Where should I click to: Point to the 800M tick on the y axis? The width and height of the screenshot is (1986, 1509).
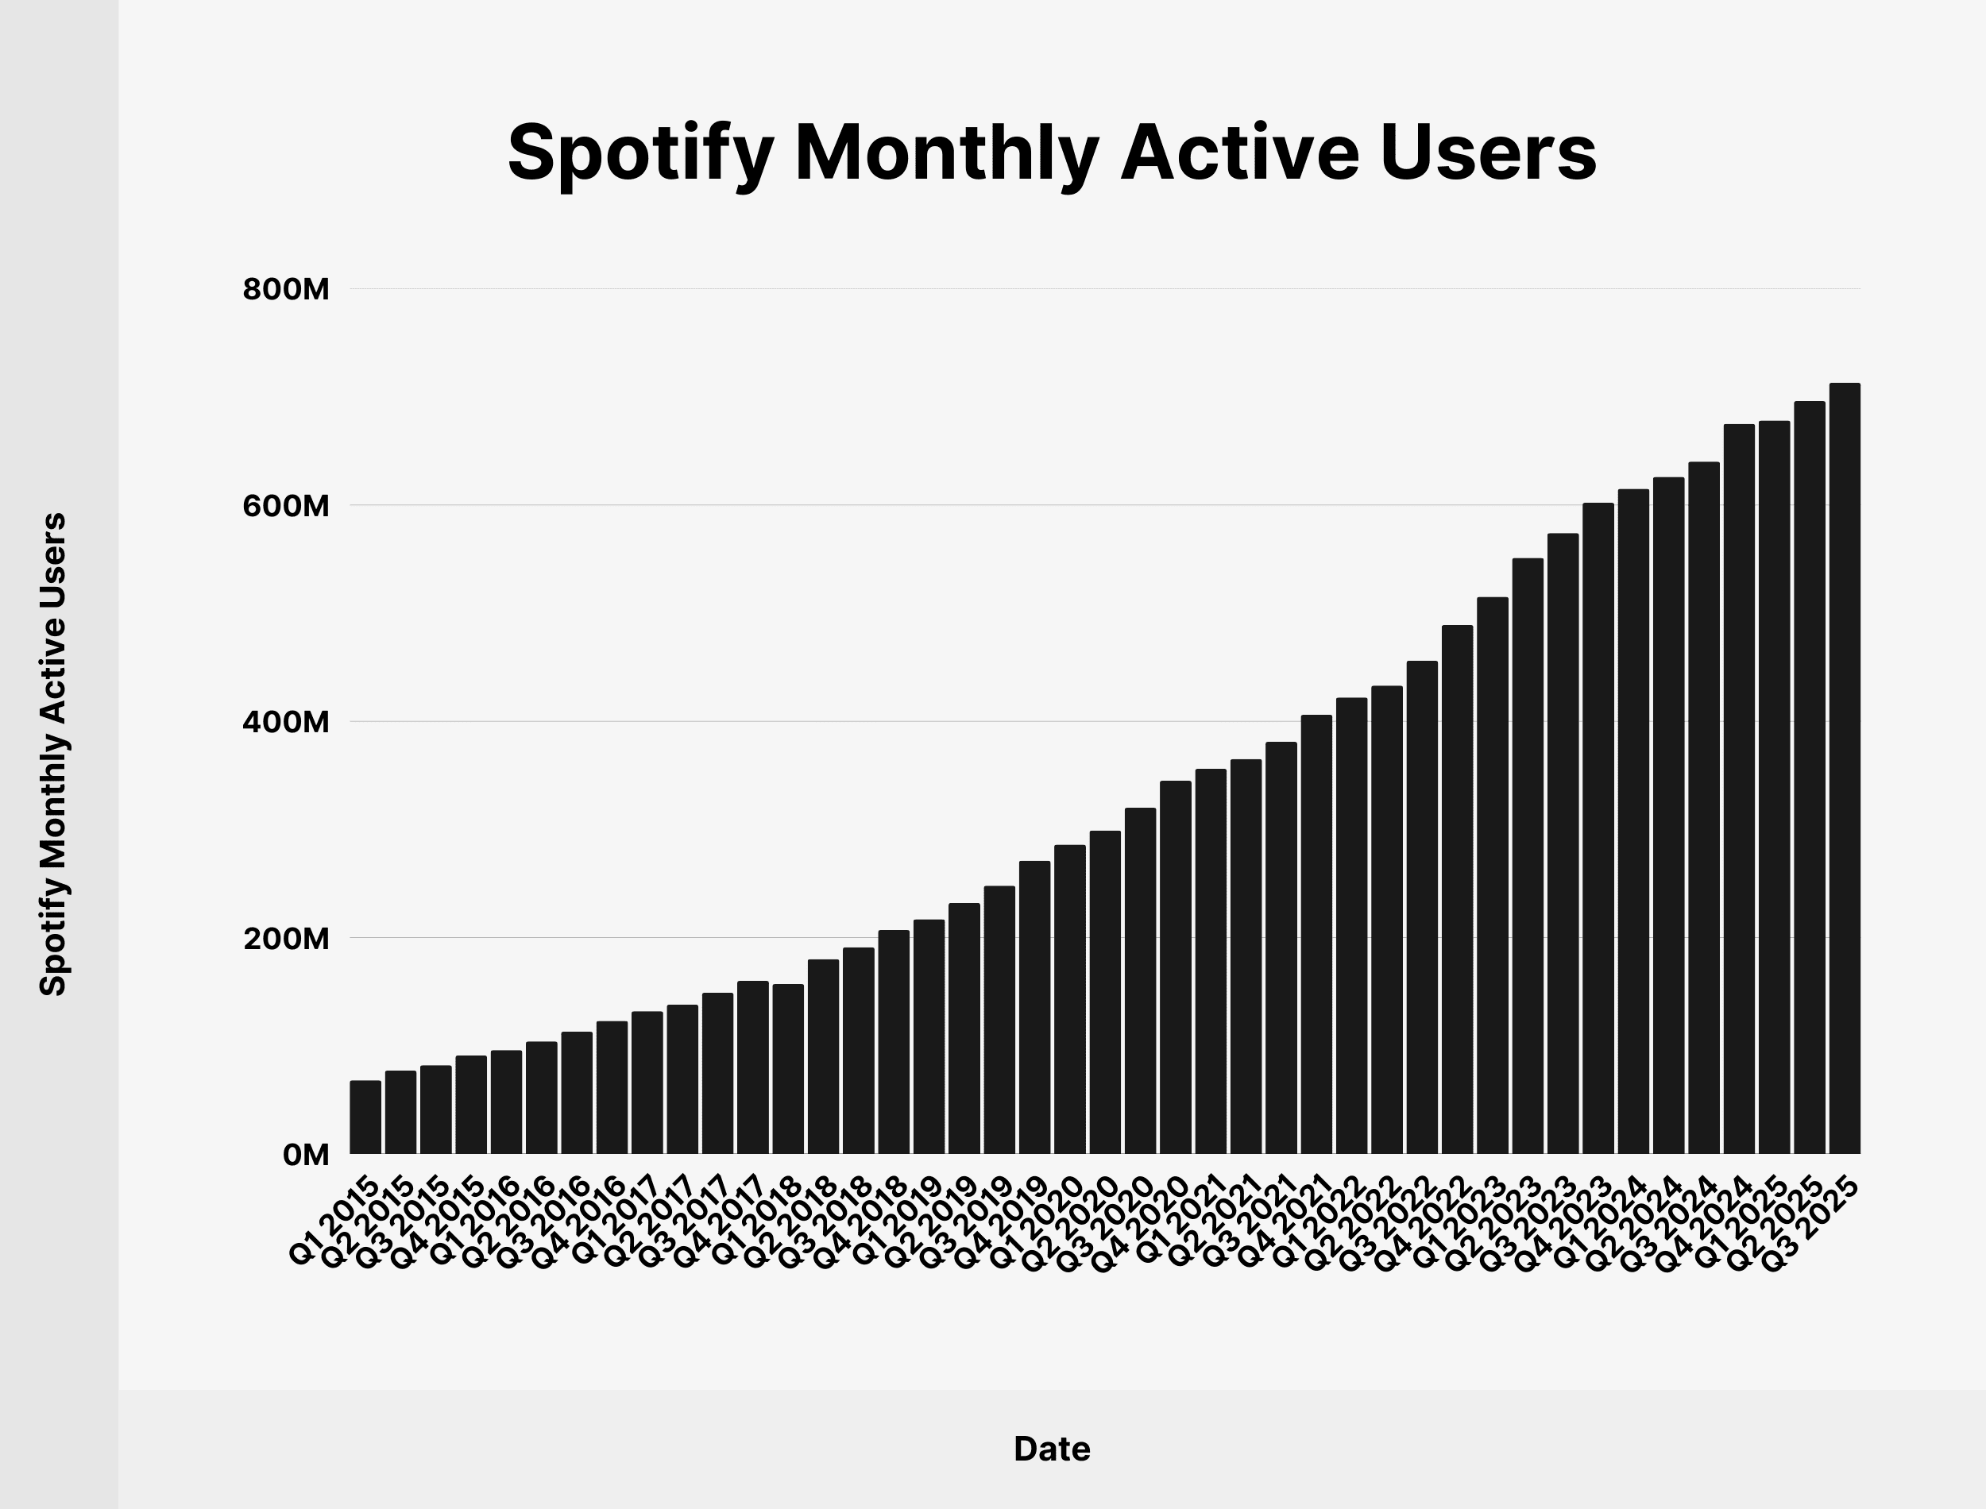click(286, 290)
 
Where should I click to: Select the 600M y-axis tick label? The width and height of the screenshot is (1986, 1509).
click(286, 507)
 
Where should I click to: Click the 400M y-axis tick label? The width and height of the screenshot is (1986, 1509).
click(286, 722)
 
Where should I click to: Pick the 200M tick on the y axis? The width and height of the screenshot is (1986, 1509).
click(286, 939)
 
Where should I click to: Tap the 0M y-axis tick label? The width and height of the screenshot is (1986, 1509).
click(305, 1155)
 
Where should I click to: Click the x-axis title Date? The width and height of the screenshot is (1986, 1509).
click(1051, 1449)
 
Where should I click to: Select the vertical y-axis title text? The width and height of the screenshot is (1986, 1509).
click(54, 754)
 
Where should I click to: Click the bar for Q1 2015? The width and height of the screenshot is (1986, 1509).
click(365, 1117)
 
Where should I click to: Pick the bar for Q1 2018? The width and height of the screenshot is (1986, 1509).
click(788, 1069)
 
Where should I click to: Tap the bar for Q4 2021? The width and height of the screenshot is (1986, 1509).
click(1316, 934)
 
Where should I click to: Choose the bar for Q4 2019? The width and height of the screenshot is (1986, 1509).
click(1035, 1007)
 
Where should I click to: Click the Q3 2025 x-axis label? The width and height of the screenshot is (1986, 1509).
click(1814, 1223)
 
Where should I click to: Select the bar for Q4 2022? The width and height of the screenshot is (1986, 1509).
click(1457, 890)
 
